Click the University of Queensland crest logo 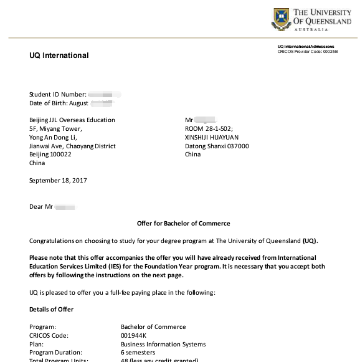click(x=281, y=19)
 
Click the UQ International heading click(x=59, y=55)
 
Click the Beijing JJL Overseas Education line click(x=72, y=120)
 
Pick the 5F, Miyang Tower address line click(x=55, y=129)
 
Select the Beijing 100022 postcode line click(x=50, y=155)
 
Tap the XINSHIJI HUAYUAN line click(x=212, y=138)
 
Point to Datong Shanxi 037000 click(x=217, y=146)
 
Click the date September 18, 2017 click(x=58, y=180)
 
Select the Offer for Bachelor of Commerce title click(x=183, y=223)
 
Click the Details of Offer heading click(x=51, y=309)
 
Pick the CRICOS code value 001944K click(x=134, y=335)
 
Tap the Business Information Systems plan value click(x=163, y=344)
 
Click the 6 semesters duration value click(x=139, y=353)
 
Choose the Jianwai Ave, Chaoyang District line click(x=72, y=146)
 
